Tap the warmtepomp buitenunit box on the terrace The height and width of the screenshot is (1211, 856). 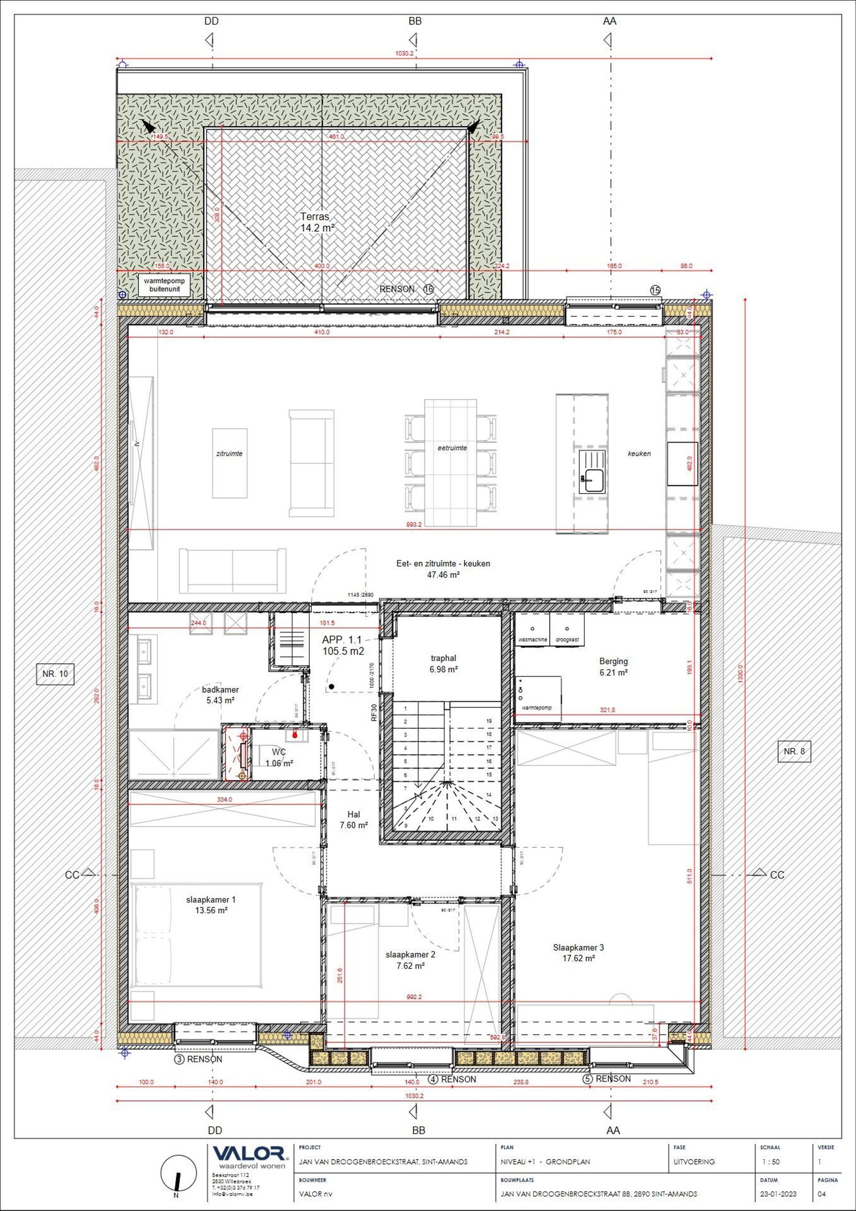(x=165, y=285)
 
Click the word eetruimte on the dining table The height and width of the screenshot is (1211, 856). (x=452, y=448)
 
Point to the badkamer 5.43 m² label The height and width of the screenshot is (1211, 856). (x=220, y=695)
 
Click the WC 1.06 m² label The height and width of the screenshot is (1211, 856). (x=279, y=757)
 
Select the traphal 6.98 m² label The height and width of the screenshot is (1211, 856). (x=443, y=663)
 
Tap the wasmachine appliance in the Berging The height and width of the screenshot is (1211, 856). (x=532, y=629)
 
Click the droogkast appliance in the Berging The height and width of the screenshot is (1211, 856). (x=567, y=629)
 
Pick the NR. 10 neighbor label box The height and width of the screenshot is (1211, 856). (x=55, y=674)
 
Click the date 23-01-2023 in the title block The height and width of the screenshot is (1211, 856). (x=778, y=1194)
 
